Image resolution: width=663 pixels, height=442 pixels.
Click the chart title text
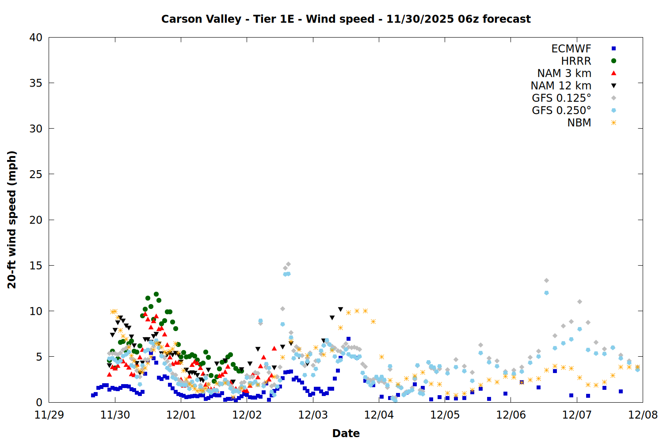click(x=346, y=19)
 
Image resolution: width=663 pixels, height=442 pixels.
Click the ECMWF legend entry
click(x=571, y=49)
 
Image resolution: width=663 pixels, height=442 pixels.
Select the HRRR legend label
click(x=576, y=61)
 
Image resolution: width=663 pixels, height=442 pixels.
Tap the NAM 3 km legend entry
click(x=564, y=73)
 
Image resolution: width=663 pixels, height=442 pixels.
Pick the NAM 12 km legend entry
click(x=561, y=86)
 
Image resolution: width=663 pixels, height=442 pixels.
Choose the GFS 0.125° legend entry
click(x=561, y=98)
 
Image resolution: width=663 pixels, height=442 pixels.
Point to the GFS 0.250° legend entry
click(x=561, y=110)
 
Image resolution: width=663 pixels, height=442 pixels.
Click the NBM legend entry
click(x=579, y=123)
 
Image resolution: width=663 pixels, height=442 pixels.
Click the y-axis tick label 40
click(x=36, y=38)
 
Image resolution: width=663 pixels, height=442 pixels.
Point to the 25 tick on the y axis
click(x=36, y=174)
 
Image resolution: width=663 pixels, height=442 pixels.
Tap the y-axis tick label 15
click(x=36, y=265)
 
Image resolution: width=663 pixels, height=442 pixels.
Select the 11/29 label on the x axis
click(x=49, y=415)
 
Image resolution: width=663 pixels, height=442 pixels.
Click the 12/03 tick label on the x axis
click(x=313, y=415)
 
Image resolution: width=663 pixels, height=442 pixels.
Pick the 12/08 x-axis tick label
click(x=643, y=415)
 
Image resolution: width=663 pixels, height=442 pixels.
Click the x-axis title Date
click(x=346, y=433)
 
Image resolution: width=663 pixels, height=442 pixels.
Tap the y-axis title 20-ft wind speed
click(x=12, y=220)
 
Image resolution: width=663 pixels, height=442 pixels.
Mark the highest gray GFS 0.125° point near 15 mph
click(x=288, y=264)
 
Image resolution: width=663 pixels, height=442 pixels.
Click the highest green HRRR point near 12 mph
click(x=156, y=294)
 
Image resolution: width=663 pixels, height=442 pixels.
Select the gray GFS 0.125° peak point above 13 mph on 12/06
click(x=546, y=280)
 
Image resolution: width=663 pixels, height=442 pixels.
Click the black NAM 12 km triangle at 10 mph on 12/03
click(x=340, y=309)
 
